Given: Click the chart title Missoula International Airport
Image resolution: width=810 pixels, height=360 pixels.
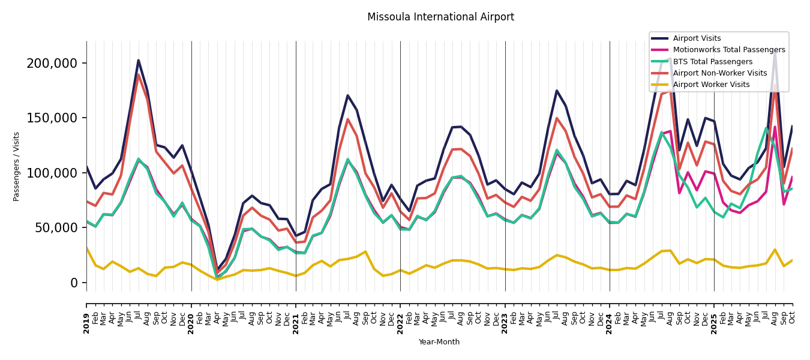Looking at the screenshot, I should (440, 17).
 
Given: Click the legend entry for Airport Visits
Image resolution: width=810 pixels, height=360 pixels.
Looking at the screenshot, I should (697, 38).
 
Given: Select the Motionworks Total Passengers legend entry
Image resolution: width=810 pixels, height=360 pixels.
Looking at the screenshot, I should (728, 50).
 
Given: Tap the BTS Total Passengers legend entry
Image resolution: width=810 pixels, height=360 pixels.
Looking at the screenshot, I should (712, 62).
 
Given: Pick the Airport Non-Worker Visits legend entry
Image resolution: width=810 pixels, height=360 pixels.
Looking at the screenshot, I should (719, 73).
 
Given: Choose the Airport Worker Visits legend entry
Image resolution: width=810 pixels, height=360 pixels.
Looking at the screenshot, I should (711, 85).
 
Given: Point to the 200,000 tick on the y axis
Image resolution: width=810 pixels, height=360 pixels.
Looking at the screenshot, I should (52, 64).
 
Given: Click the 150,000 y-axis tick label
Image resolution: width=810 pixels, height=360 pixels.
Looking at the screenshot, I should (52, 118).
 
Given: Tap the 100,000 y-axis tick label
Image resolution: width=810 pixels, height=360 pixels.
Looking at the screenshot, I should (52, 173).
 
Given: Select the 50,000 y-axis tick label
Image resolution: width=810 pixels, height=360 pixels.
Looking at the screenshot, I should (56, 228).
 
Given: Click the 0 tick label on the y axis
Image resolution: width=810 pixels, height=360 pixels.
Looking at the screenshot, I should (74, 283).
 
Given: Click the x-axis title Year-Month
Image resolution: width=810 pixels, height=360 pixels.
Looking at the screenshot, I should (439, 342).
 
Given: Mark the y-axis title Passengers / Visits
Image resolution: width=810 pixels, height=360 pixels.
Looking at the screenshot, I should (17, 166).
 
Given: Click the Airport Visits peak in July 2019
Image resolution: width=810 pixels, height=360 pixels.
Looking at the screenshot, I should (139, 60).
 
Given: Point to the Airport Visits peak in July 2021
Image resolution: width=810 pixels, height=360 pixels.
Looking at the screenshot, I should (347, 95).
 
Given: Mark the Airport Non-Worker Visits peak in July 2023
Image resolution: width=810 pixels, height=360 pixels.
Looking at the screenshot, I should (557, 118).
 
